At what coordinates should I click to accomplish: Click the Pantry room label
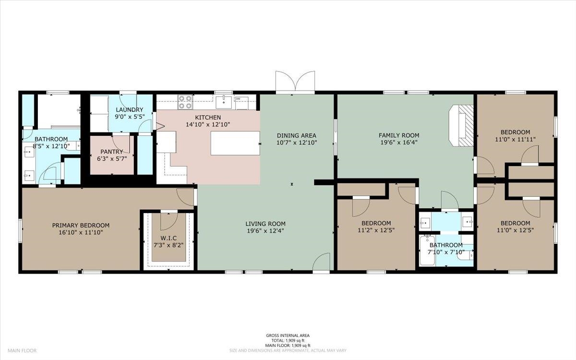(x=111, y=152)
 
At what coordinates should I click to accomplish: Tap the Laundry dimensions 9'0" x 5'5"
(x=130, y=117)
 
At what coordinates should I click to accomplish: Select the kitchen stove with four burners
(x=185, y=102)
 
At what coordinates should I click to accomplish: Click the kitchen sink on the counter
(x=224, y=102)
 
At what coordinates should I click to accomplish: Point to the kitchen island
(x=235, y=143)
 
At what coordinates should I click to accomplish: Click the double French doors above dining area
(x=295, y=82)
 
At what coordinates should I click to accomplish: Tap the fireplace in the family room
(x=461, y=126)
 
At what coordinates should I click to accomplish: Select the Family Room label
(x=399, y=135)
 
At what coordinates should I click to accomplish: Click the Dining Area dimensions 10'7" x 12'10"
(x=297, y=143)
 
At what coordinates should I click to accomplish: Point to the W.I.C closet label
(x=168, y=238)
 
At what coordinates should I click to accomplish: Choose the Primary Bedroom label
(x=81, y=226)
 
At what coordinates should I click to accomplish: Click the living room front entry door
(x=321, y=262)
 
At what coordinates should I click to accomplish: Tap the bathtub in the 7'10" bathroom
(x=427, y=251)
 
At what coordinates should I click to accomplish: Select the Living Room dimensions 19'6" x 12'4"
(x=265, y=231)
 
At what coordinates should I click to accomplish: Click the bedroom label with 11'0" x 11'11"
(x=516, y=132)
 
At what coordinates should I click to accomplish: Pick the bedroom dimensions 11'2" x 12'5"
(x=376, y=230)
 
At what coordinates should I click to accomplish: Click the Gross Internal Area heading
(x=288, y=336)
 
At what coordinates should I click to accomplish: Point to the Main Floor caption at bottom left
(x=22, y=350)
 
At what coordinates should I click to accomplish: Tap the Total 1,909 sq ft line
(x=288, y=340)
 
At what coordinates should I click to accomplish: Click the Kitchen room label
(x=208, y=118)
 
